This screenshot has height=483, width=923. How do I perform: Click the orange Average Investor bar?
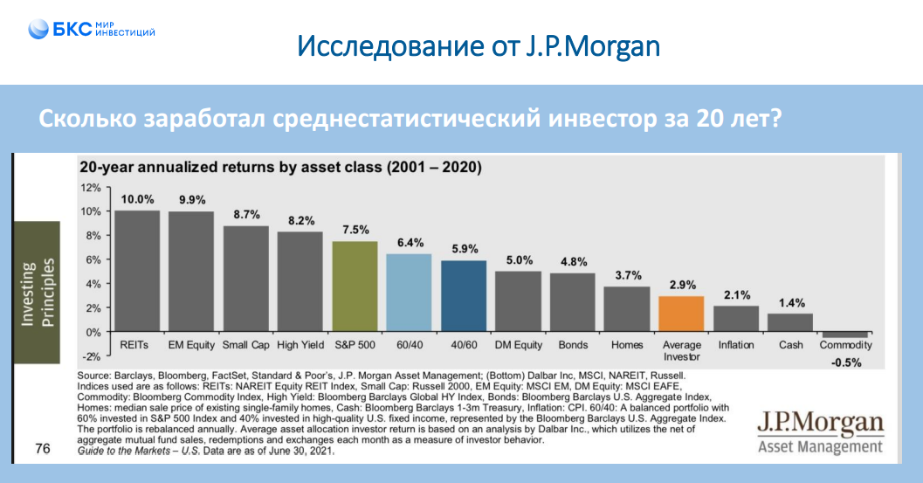682,314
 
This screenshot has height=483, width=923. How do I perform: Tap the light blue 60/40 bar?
410,293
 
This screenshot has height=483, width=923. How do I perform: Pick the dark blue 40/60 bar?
464,296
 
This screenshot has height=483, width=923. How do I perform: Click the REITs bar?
137,271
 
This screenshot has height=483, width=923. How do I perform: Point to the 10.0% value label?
137,199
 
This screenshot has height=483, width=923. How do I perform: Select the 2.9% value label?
682,285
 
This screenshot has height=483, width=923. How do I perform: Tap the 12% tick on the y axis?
91,188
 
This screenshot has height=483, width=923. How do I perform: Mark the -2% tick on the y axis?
91,356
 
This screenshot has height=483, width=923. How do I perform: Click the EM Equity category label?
191,345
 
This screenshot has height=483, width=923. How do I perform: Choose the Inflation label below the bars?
736,345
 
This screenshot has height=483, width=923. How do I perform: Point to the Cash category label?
791,345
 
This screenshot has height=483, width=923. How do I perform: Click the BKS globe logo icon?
38,30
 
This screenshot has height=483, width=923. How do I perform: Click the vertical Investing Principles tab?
36,293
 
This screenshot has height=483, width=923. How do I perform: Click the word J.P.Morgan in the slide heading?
593,45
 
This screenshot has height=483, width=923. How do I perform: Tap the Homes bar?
627,309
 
